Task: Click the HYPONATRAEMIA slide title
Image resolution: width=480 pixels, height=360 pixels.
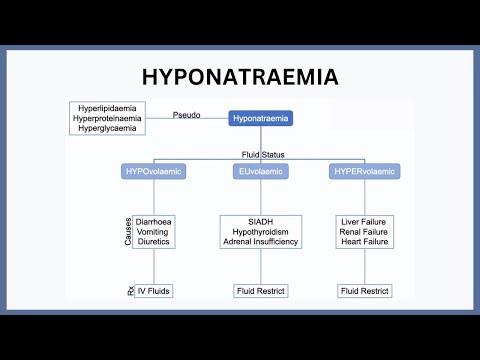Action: [239, 77]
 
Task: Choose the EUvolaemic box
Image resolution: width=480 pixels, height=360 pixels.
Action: [260, 171]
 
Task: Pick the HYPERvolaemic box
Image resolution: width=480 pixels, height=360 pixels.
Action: [365, 171]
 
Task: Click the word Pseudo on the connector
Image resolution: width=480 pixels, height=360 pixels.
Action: [187, 114]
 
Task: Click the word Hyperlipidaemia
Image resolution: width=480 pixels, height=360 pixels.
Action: [107, 107]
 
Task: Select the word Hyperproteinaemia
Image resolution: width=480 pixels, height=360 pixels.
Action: [107, 118]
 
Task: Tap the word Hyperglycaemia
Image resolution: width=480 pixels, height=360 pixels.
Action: [107, 129]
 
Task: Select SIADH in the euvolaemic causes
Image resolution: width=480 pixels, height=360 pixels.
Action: [261, 220]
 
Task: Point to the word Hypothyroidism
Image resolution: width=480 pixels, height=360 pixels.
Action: [261, 231]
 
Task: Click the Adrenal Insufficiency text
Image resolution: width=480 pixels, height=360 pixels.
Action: [261, 242]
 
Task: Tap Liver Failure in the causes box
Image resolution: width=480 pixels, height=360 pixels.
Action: [365, 220]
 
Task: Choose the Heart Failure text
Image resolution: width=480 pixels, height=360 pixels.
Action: [365, 242]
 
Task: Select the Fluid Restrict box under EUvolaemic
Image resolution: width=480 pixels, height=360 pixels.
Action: [261, 291]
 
